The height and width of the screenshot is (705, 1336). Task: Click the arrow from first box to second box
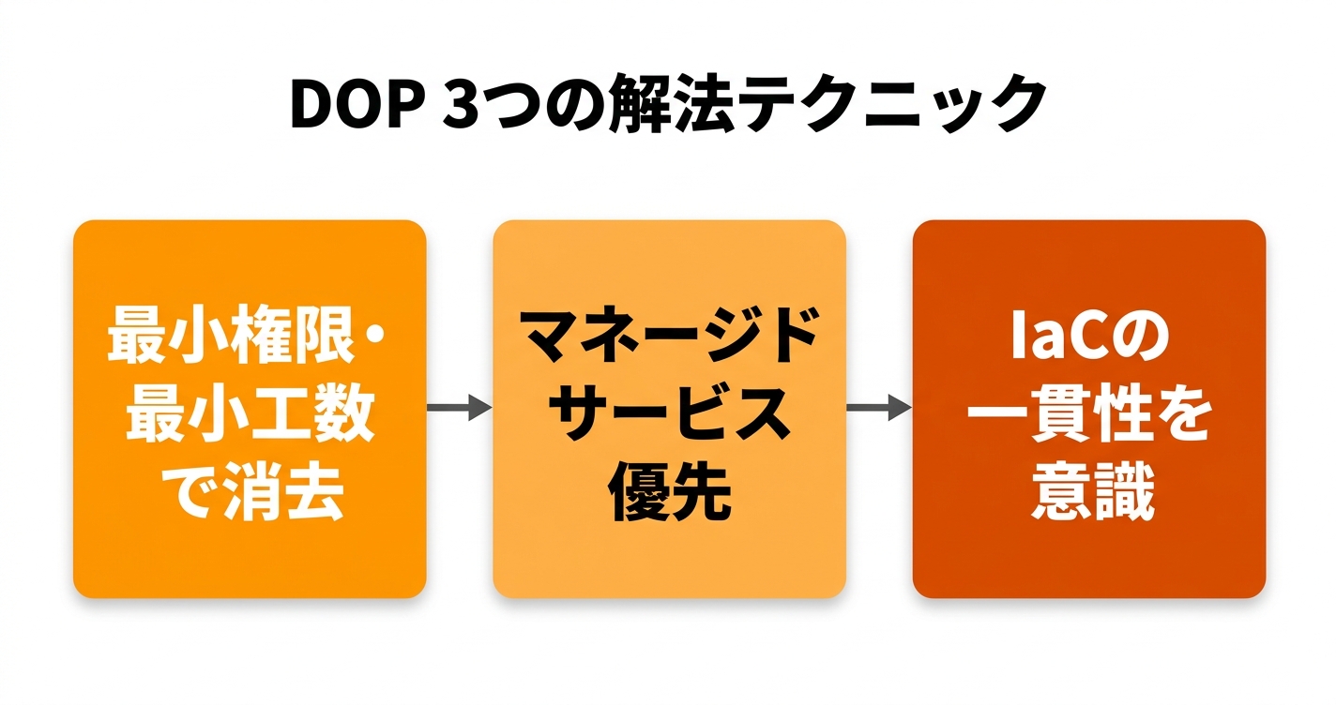(x=459, y=407)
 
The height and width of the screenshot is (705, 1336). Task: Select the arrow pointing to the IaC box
(x=878, y=407)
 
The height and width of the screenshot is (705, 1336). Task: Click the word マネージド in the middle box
(x=669, y=336)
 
